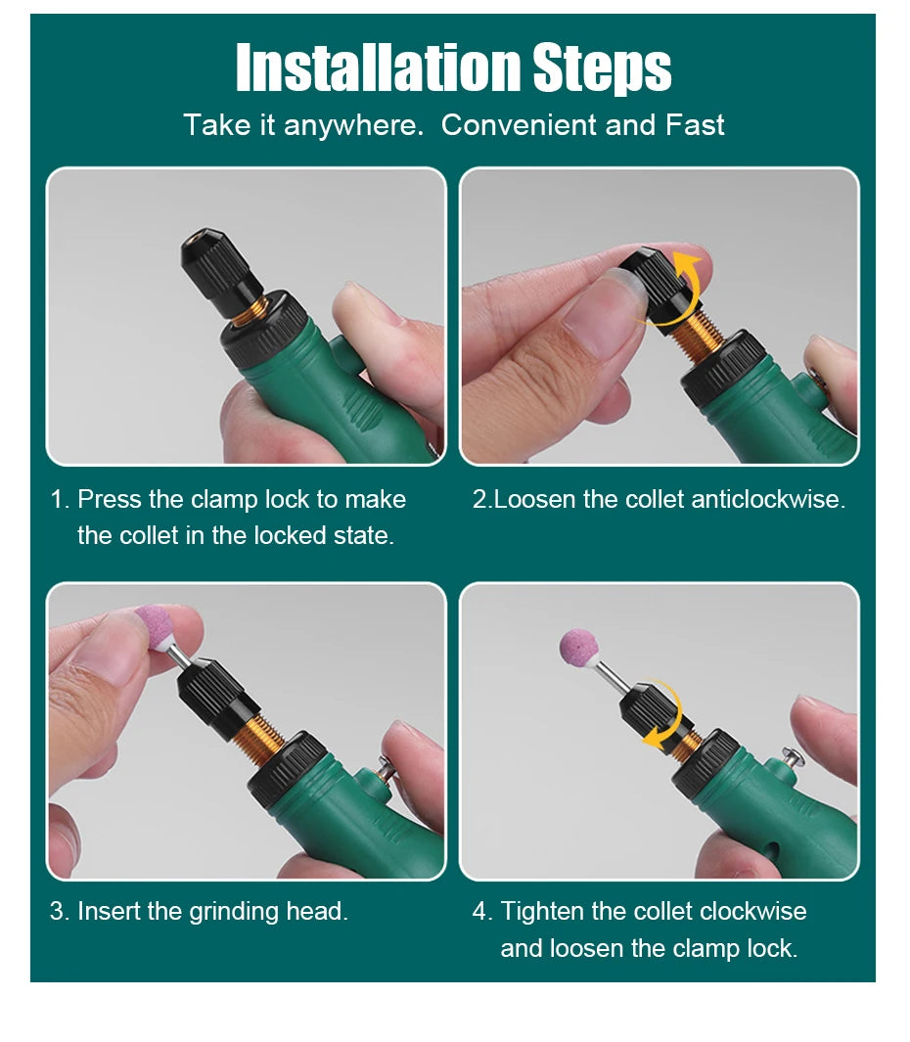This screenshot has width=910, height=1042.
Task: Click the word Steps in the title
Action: click(602, 68)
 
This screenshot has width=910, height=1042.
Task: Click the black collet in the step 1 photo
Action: click(219, 264)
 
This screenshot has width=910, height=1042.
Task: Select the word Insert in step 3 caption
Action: click(109, 911)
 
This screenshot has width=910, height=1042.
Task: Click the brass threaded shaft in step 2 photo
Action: click(703, 333)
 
